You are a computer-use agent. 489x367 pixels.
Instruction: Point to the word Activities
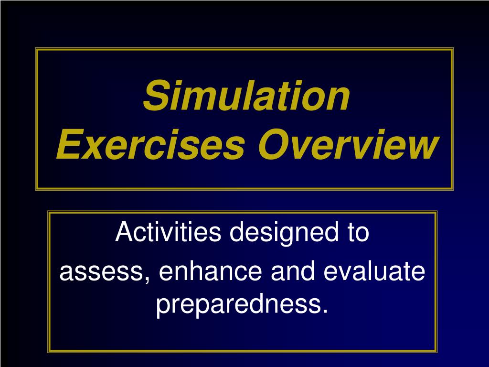pos(169,233)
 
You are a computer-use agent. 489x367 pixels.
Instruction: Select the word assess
pos(101,273)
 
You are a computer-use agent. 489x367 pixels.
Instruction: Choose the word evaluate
pos(374,272)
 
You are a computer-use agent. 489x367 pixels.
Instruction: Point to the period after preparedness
pos(326,313)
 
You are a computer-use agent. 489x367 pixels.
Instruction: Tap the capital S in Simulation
pos(153,96)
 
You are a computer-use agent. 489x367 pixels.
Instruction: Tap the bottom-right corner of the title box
pos(452,189)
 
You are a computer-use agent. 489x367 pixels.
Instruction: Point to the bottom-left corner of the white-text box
pos(49,351)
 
